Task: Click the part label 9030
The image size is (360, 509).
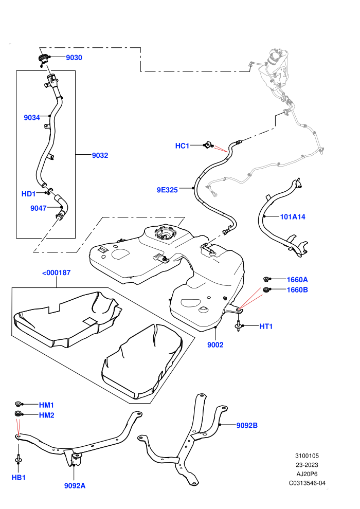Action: pyautogui.click(x=74, y=58)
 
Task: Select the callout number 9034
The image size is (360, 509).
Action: pyautogui.click(x=32, y=118)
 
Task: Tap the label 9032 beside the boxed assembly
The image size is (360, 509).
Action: pyautogui.click(x=100, y=155)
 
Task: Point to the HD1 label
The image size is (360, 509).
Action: pyautogui.click(x=29, y=194)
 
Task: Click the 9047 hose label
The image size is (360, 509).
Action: pyautogui.click(x=38, y=208)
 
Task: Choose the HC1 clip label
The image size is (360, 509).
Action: pyautogui.click(x=182, y=146)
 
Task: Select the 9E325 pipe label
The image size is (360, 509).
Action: pyautogui.click(x=167, y=190)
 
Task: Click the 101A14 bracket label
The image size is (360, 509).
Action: pyautogui.click(x=293, y=216)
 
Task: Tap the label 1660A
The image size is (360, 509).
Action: pyautogui.click(x=297, y=280)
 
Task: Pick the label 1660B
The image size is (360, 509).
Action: pyautogui.click(x=297, y=289)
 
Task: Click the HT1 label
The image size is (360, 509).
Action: pyautogui.click(x=266, y=326)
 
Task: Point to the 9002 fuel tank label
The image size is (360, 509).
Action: pyautogui.click(x=215, y=345)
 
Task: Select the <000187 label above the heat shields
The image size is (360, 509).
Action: pyautogui.click(x=56, y=272)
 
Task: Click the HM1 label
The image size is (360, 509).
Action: pyautogui.click(x=46, y=405)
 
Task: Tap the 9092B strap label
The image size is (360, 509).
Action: pyautogui.click(x=247, y=425)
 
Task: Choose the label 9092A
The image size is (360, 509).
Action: pyautogui.click(x=75, y=486)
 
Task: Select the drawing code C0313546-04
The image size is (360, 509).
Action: pyautogui.click(x=307, y=483)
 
